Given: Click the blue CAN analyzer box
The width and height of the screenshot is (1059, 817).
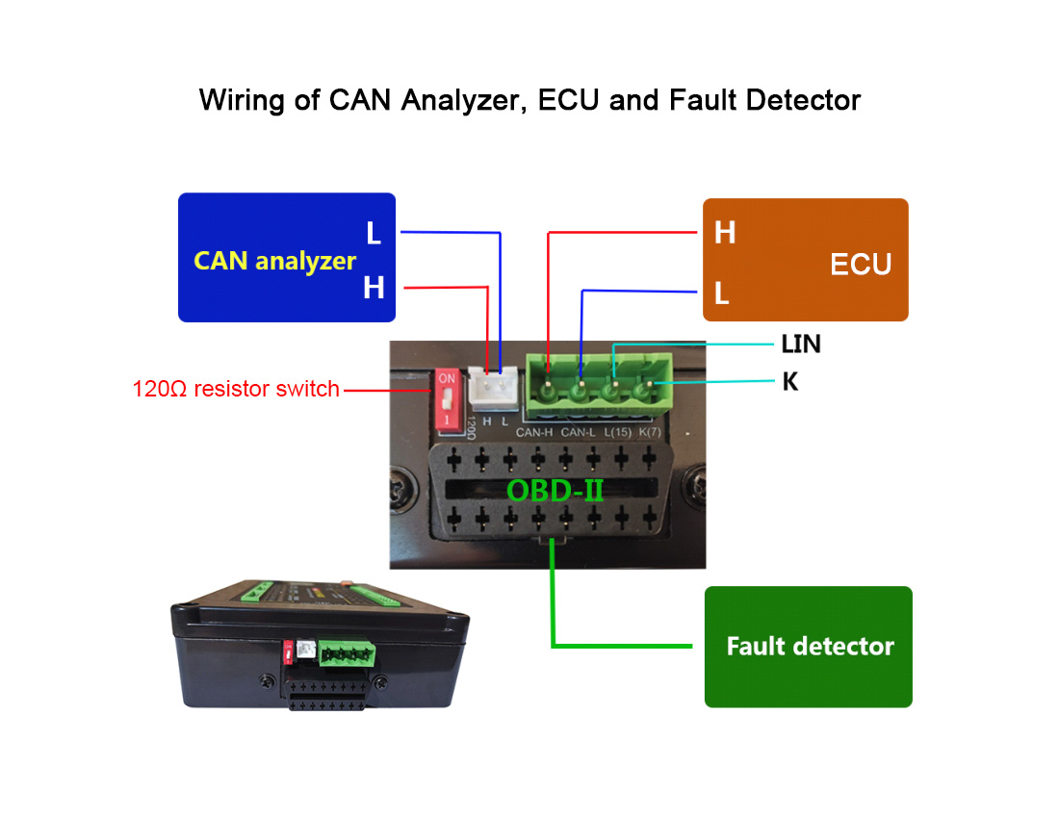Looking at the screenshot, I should pos(286,257).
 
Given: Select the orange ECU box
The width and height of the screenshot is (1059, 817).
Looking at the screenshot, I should pos(805,260).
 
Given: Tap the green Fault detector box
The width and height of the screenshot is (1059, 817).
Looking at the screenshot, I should pos(808,646).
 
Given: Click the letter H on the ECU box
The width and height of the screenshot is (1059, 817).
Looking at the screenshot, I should pos(725,232).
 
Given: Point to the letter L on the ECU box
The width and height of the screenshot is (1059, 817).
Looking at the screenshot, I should pos(721,293).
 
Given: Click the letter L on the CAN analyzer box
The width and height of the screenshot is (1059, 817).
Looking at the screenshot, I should pos(374,233).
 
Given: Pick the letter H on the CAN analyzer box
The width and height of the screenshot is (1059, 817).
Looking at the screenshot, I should pos(374,287).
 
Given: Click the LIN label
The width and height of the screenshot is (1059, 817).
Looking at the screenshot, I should pos(801,344).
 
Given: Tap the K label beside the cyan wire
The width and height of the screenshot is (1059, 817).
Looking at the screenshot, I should pos(789,382).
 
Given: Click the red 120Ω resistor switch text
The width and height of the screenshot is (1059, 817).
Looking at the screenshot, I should pos(236,390).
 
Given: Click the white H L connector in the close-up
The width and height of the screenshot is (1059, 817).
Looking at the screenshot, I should pos(494,388).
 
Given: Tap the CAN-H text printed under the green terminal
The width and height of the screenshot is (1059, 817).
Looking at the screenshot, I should pos(533,432).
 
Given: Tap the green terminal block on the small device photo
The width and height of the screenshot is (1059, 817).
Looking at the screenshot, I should pos(345,653).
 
